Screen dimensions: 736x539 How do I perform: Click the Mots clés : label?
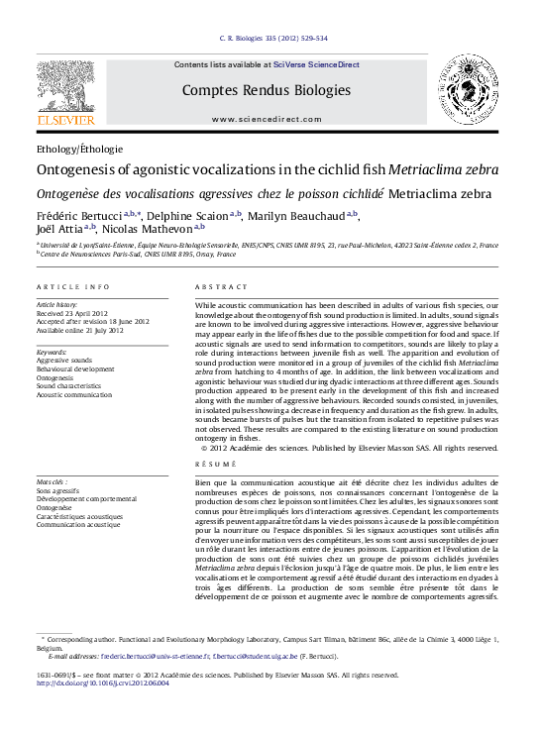(53, 481)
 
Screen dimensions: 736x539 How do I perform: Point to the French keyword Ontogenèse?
(55, 507)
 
